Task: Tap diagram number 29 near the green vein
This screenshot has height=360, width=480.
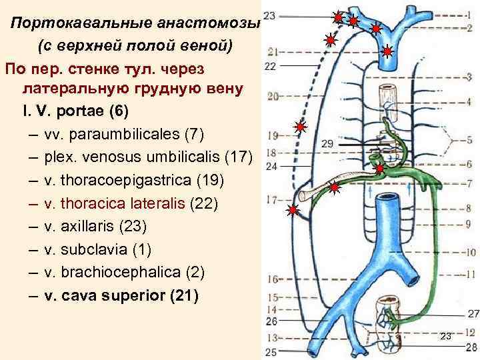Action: [327, 144]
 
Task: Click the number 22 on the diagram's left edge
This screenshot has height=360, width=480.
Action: [270, 66]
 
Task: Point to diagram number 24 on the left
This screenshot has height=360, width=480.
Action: [270, 167]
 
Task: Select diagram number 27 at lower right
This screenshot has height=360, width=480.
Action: [473, 313]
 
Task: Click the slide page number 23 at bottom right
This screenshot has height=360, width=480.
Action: [446, 336]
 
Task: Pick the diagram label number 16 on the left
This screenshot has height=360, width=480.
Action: [272, 279]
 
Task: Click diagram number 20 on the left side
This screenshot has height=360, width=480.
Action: [272, 97]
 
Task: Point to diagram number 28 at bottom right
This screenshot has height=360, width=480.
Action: [472, 347]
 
